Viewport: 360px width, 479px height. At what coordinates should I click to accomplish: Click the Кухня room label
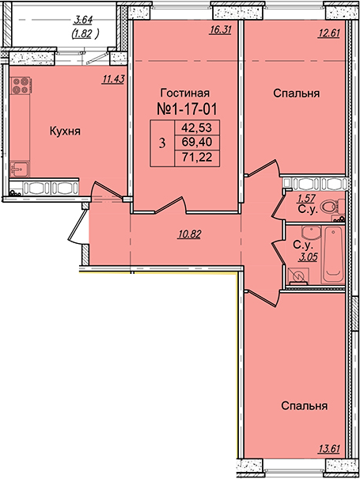[65, 131]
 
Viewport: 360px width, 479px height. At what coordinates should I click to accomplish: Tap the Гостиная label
[185, 93]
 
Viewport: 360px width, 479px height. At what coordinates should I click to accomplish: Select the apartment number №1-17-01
[187, 109]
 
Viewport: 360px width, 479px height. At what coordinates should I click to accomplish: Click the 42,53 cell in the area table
[197, 127]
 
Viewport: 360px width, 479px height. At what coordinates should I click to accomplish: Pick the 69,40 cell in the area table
[197, 142]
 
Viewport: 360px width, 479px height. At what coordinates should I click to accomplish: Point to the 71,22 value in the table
[197, 158]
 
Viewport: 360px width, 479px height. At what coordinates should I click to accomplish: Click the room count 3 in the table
[162, 143]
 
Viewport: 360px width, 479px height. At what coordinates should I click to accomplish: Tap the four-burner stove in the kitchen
[20, 86]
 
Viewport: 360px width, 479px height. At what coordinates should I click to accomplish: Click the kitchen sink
[19, 169]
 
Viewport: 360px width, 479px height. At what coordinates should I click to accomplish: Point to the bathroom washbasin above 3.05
[311, 234]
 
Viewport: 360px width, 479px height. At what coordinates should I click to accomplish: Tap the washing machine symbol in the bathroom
[297, 276]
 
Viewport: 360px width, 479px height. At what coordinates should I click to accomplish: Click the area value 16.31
[220, 30]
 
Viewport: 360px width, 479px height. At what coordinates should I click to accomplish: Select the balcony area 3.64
[83, 21]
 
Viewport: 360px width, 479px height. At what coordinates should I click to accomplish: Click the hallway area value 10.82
[189, 234]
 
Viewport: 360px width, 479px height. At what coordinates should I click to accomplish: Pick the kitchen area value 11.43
[113, 79]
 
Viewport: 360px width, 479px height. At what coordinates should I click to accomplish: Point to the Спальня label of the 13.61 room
[304, 405]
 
